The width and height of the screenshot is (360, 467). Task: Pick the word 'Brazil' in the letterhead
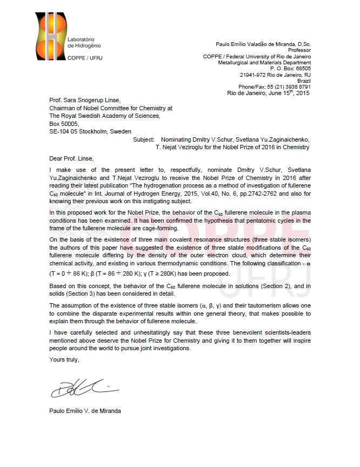pos(304,81)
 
